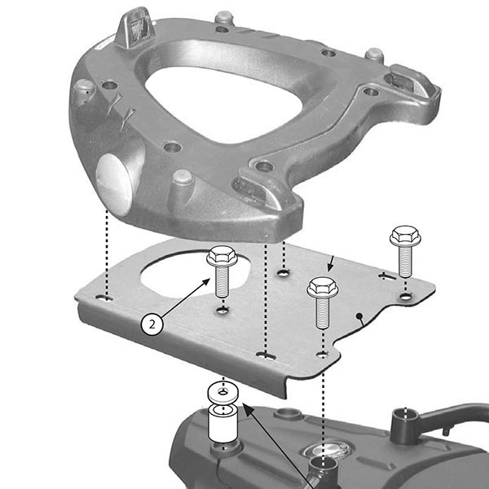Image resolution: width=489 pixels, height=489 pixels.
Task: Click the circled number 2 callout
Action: tap(152, 323)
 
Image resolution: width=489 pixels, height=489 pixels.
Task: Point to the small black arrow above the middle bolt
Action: tap(330, 263)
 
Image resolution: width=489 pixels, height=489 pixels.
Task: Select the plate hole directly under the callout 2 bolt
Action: tap(222, 311)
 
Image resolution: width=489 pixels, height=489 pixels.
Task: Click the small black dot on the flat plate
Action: tap(359, 314)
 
